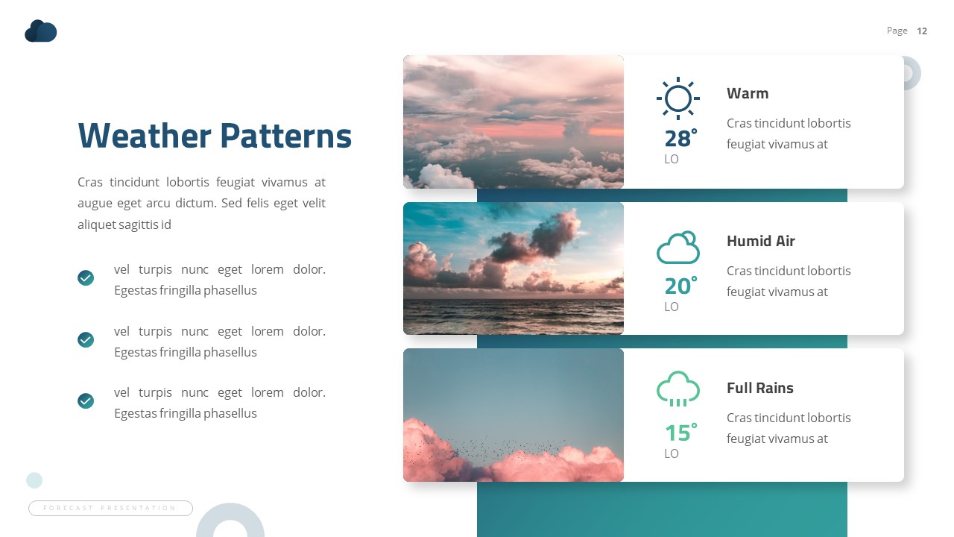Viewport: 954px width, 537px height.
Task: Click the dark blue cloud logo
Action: click(x=41, y=31)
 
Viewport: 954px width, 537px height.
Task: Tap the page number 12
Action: click(x=922, y=31)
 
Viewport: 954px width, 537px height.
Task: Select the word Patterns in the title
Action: click(x=286, y=136)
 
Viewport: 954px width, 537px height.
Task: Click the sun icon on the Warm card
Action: click(x=678, y=98)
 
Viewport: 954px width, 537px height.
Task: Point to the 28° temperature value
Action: click(x=680, y=138)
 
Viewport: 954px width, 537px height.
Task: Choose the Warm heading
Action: click(x=747, y=93)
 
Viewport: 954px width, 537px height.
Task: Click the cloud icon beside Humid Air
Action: click(x=678, y=248)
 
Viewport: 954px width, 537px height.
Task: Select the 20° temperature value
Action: click(x=680, y=286)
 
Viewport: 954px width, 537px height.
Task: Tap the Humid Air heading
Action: click(x=760, y=241)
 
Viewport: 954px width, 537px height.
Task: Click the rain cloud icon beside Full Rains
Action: click(x=678, y=389)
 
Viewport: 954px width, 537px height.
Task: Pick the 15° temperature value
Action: click(x=680, y=433)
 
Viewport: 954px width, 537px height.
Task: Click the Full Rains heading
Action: click(x=759, y=388)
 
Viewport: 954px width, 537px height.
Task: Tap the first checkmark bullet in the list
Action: click(x=86, y=278)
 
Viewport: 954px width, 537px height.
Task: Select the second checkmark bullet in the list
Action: click(x=86, y=340)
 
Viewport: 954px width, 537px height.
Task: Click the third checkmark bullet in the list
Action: click(x=86, y=401)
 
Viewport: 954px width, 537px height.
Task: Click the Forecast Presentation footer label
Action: click(x=110, y=508)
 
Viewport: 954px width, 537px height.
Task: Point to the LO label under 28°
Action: click(x=672, y=159)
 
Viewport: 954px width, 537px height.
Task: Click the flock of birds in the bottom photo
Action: click(x=484, y=448)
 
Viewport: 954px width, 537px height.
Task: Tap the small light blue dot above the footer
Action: click(x=34, y=480)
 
